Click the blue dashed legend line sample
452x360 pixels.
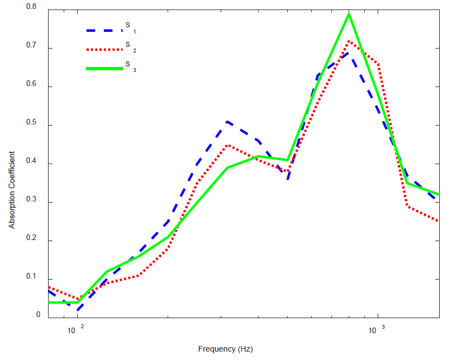tap(104, 30)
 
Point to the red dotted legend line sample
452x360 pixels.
tap(104, 49)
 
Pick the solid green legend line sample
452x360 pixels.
tap(104, 69)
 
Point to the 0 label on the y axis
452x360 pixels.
tap(39, 315)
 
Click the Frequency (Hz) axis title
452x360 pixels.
tap(226, 349)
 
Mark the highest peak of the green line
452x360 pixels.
tap(349, 14)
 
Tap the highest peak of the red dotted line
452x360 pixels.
tap(349, 41)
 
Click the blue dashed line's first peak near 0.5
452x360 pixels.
tap(227, 121)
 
